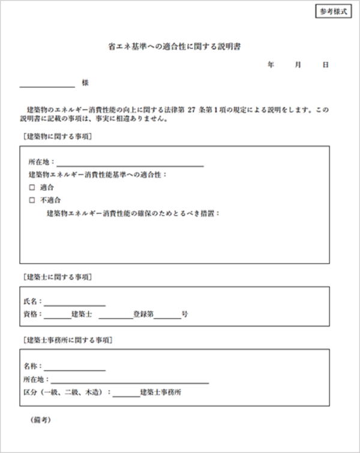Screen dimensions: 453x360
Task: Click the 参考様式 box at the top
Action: pyautogui.click(x=333, y=12)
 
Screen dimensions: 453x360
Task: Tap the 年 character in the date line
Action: pyautogui.click(x=271, y=65)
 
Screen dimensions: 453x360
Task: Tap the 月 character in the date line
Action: pyautogui.click(x=298, y=65)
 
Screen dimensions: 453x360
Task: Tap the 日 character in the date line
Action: pyautogui.click(x=325, y=65)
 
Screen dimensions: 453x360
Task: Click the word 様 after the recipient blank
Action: pyautogui.click(x=85, y=83)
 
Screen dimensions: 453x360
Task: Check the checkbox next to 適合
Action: pyautogui.click(x=32, y=187)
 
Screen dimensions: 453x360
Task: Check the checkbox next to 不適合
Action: pyautogui.click(x=32, y=200)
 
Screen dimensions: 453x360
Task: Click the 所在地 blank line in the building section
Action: pyautogui.click(x=130, y=163)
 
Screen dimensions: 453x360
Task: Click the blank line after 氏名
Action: pyautogui.click(x=74, y=303)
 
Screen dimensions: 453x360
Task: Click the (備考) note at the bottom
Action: pyautogui.click(x=41, y=420)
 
